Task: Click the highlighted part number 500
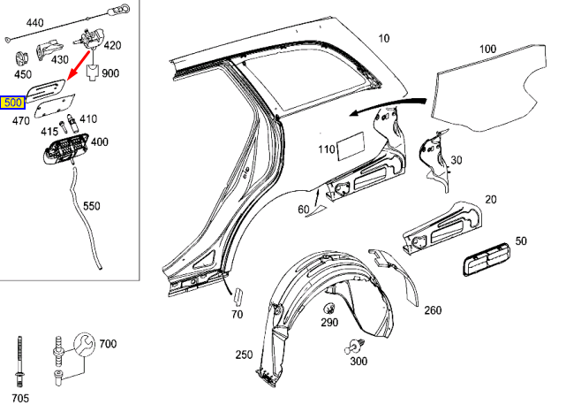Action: (13, 103)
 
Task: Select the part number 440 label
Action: (34, 21)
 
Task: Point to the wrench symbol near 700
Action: (85, 343)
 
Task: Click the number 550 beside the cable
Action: (92, 206)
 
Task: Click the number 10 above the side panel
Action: (383, 38)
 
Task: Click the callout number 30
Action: (457, 159)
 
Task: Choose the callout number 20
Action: (490, 200)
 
